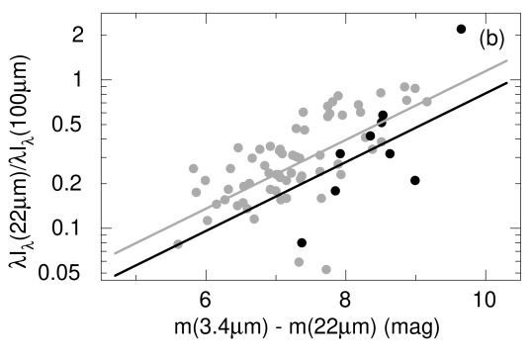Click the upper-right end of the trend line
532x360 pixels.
coord(506,60)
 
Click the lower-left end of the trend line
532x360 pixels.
coord(116,253)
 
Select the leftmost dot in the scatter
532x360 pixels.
coord(178,243)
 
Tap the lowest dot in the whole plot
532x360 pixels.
coord(325,269)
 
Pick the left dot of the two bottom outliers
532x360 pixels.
coord(299,262)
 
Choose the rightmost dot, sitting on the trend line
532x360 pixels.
coord(427,101)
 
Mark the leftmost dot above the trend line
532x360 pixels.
coord(193,168)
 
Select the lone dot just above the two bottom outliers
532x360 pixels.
coord(321,198)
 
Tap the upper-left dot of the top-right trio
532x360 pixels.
coord(404,87)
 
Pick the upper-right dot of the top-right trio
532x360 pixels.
coord(415,89)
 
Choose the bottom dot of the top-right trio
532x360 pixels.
coord(407,100)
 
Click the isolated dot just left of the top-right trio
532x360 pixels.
coord(381,93)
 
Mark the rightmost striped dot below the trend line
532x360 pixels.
coord(381,142)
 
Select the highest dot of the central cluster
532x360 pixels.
coord(338,96)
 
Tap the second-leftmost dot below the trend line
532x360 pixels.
coord(208,220)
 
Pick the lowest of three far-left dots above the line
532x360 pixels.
coord(196,192)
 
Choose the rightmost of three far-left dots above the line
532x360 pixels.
coord(205,180)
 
